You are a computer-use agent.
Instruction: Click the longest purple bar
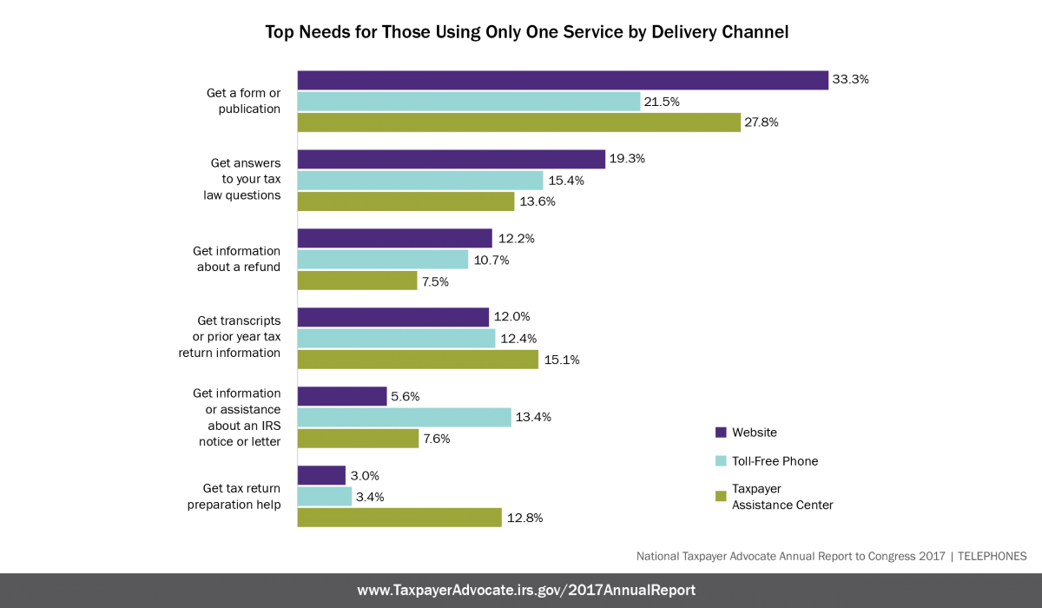pyautogui.click(x=563, y=81)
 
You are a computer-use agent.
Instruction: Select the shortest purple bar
pyautogui.click(x=321, y=476)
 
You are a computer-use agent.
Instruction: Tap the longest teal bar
pyautogui.click(x=469, y=102)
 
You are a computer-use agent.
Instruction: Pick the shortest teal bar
pyautogui.click(x=325, y=497)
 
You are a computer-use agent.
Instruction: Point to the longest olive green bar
pyautogui.click(x=519, y=122)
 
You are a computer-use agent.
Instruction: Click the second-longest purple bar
pyautogui.click(x=452, y=160)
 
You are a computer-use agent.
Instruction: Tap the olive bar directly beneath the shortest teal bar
pyautogui.click(x=399, y=518)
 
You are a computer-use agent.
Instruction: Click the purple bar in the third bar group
pyautogui.click(x=395, y=239)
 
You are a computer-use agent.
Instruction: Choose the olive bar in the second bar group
pyautogui.click(x=406, y=202)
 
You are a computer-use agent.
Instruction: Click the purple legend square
pyautogui.click(x=721, y=433)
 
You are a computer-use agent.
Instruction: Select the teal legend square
pyautogui.click(x=721, y=461)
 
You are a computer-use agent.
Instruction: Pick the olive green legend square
pyautogui.click(x=721, y=497)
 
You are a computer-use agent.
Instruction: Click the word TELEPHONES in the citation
pyautogui.click(x=993, y=556)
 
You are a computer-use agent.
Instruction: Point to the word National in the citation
pyautogui.click(x=657, y=556)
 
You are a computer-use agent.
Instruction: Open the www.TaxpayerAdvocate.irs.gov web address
pyautogui.click(x=526, y=591)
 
